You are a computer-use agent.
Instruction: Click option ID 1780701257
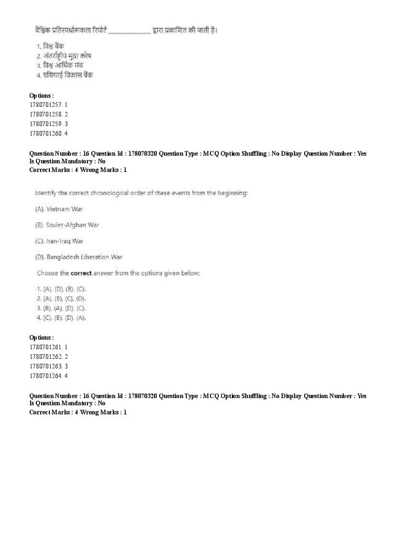click(x=48, y=104)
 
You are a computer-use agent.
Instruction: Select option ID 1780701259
click(x=48, y=124)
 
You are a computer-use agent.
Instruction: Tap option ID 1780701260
click(x=48, y=133)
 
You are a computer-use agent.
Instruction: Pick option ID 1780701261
click(x=48, y=347)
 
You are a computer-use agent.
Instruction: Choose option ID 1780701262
click(x=48, y=356)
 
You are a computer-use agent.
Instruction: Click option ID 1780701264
click(x=48, y=376)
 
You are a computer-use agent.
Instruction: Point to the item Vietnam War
click(x=59, y=209)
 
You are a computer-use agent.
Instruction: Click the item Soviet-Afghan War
click(x=67, y=225)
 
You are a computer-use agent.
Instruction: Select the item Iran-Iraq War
click(x=59, y=241)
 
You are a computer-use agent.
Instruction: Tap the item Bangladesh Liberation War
click(x=78, y=257)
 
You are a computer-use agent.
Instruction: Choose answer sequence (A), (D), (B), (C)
click(x=61, y=289)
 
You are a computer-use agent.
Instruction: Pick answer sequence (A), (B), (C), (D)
click(x=61, y=298)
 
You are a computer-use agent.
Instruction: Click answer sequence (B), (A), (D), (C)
click(x=61, y=308)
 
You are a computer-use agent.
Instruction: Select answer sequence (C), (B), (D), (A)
click(x=61, y=318)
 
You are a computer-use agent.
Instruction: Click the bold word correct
click(x=81, y=273)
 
